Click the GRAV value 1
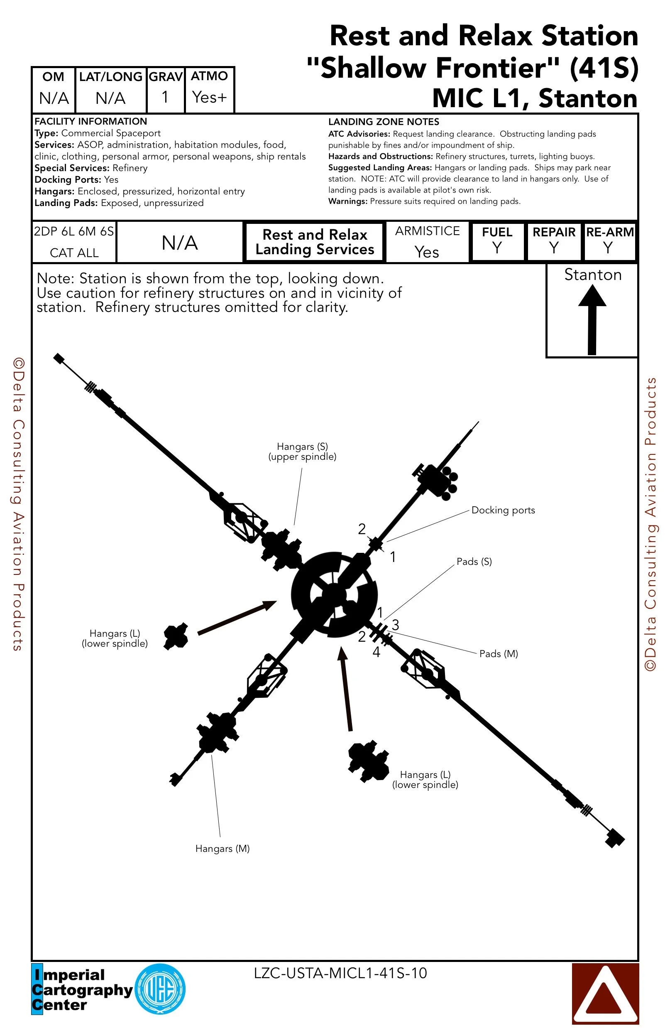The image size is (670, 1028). pyautogui.click(x=165, y=97)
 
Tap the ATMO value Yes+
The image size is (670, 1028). pyautogui.click(x=209, y=97)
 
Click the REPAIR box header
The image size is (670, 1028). pyautogui.click(x=554, y=232)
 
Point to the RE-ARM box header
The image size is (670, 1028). pyautogui.click(x=609, y=232)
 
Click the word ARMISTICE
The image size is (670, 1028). pyautogui.click(x=428, y=231)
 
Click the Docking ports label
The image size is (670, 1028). pyautogui.click(x=503, y=510)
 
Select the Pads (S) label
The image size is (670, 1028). pyautogui.click(x=474, y=562)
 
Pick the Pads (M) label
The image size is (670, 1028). pyautogui.click(x=499, y=653)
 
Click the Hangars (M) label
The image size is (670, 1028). pyautogui.click(x=223, y=849)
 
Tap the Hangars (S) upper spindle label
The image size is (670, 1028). pyautogui.click(x=302, y=451)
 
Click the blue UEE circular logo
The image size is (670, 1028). pyautogui.click(x=160, y=989)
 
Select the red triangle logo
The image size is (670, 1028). pyautogui.click(x=605, y=994)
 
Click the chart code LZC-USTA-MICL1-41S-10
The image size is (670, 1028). pyautogui.click(x=340, y=973)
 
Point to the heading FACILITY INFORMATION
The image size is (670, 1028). pyautogui.click(x=90, y=121)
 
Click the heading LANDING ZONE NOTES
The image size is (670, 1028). pyautogui.click(x=383, y=122)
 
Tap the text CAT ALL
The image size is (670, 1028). pyautogui.click(x=74, y=253)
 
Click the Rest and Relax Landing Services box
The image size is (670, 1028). pyautogui.click(x=315, y=242)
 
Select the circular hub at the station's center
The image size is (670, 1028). pyautogui.click(x=334, y=594)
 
